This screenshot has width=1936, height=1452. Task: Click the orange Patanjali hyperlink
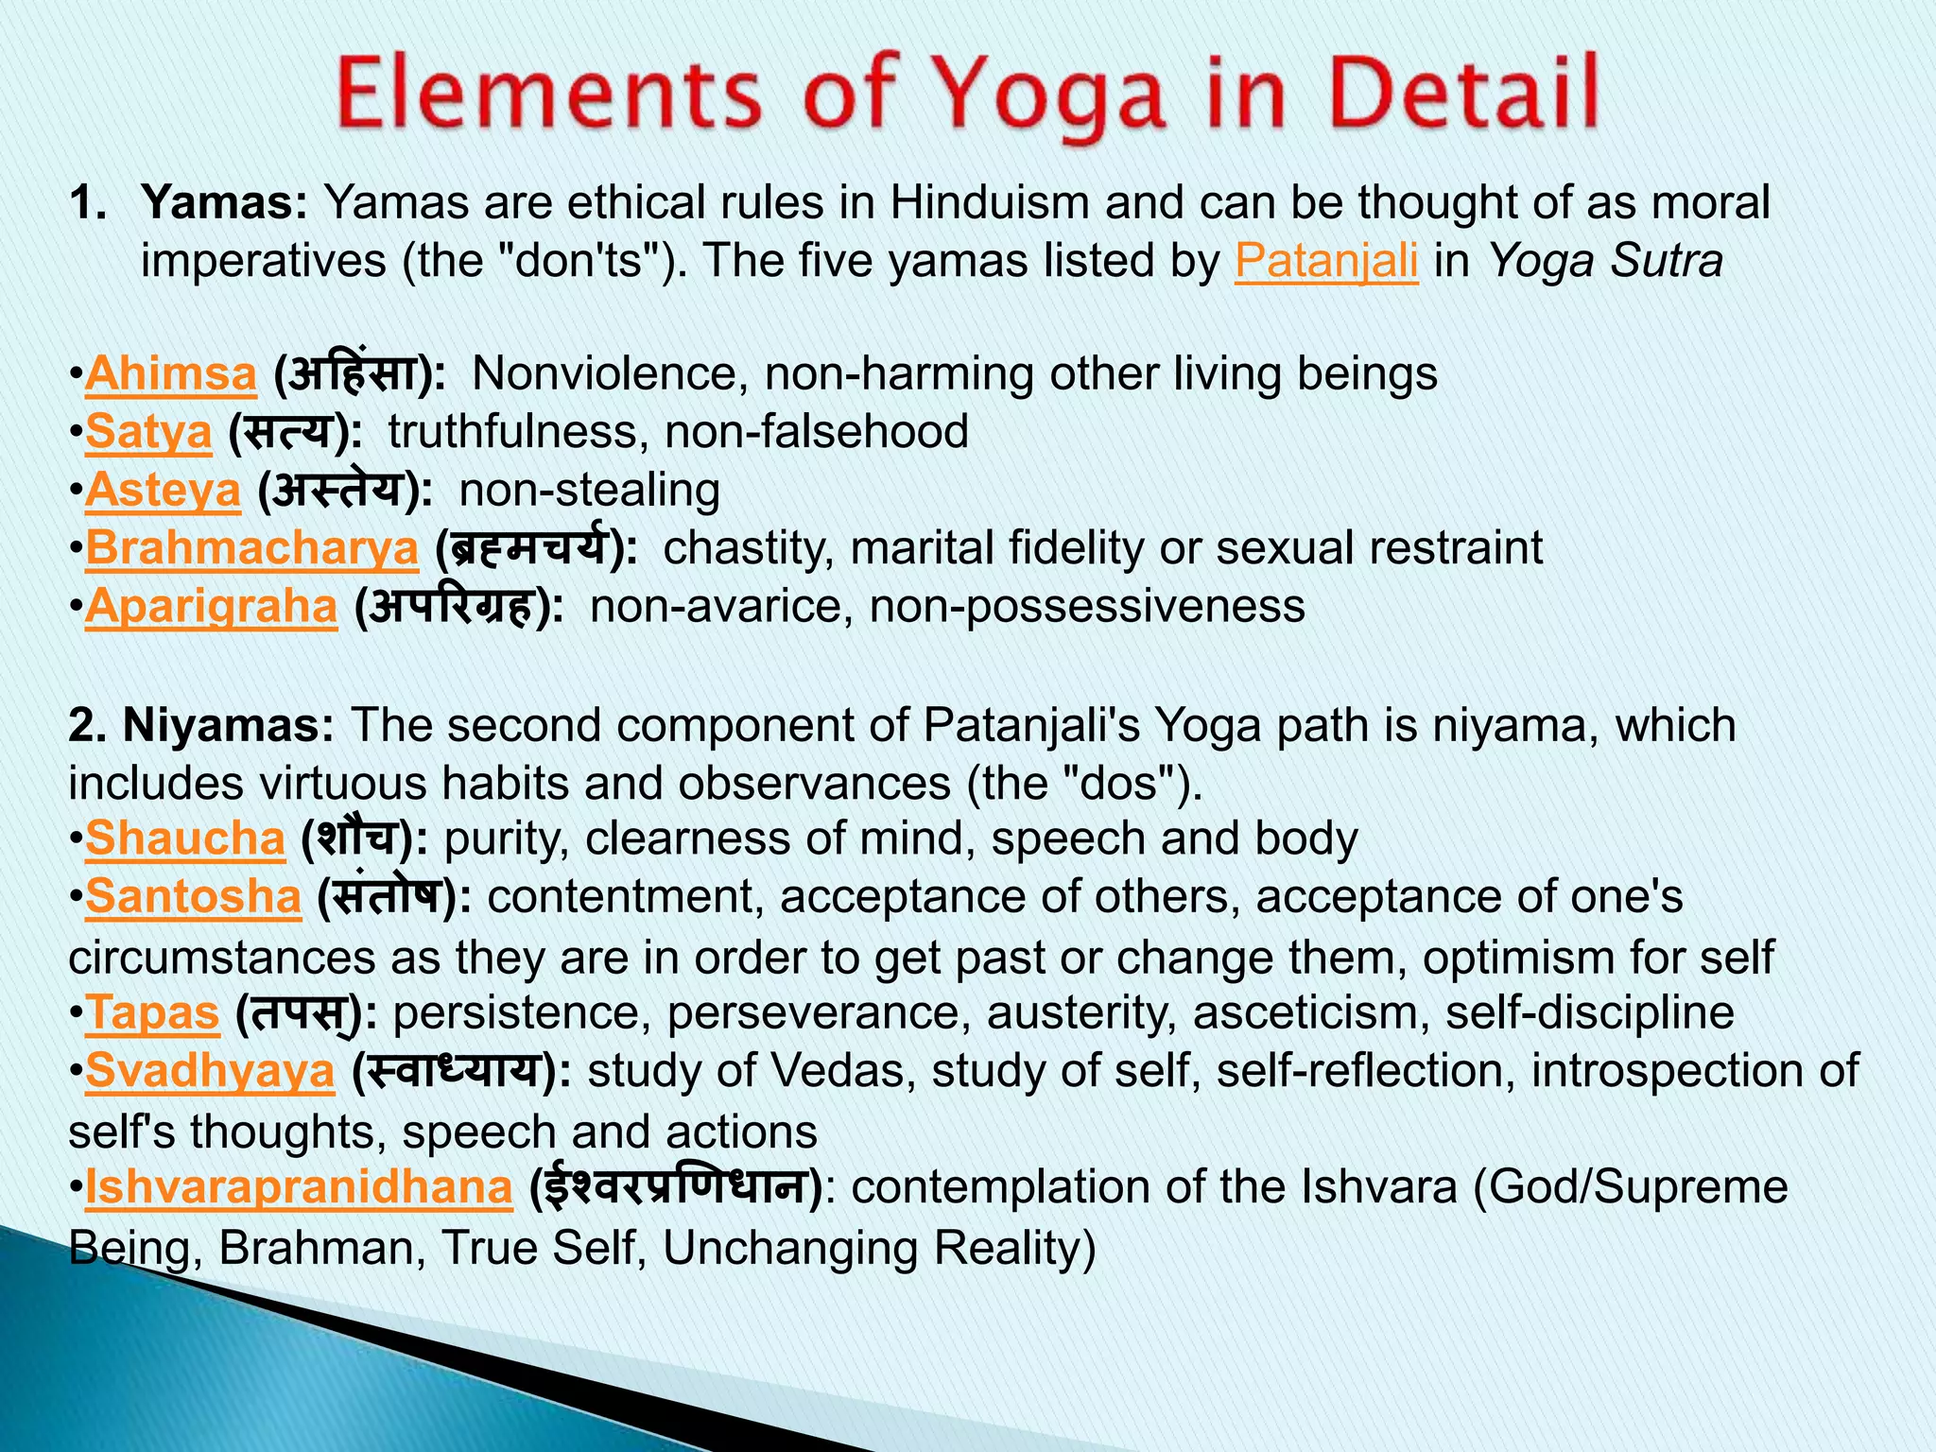[x=1326, y=261]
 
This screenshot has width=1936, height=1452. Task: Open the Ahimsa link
[x=171, y=373]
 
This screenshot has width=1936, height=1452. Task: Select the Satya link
[x=148, y=432]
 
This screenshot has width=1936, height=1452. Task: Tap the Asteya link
[x=163, y=491]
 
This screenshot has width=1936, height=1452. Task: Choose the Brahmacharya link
[x=251, y=548]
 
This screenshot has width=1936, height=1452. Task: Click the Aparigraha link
[x=211, y=606]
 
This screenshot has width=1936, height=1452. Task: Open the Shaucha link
[x=184, y=838]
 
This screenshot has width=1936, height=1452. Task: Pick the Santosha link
[x=193, y=896]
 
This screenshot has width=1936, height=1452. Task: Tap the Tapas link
[x=152, y=1013]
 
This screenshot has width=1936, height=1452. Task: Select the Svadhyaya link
[x=210, y=1071]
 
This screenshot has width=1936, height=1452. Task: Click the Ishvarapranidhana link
[x=299, y=1187]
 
